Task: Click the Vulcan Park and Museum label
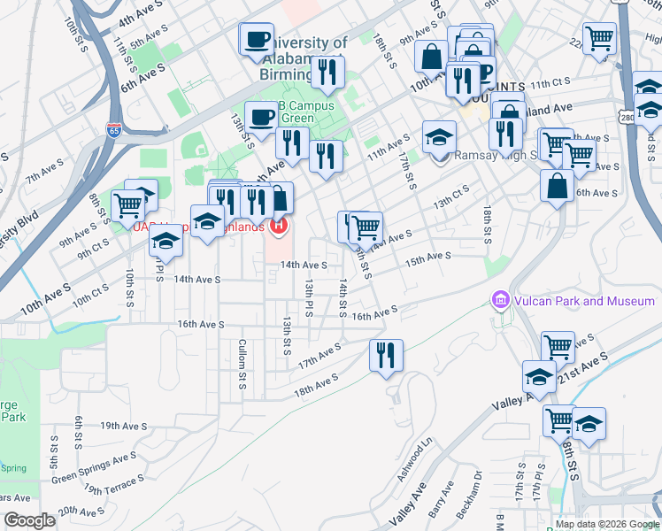click(581, 301)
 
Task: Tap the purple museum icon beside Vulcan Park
click(501, 301)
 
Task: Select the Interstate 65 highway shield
click(114, 130)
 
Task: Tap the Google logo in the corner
click(29, 520)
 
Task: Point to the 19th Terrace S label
click(114, 485)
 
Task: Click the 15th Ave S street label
click(428, 258)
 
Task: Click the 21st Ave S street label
click(583, 366)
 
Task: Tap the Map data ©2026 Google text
click(607, 523)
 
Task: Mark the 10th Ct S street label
click(90, 293)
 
